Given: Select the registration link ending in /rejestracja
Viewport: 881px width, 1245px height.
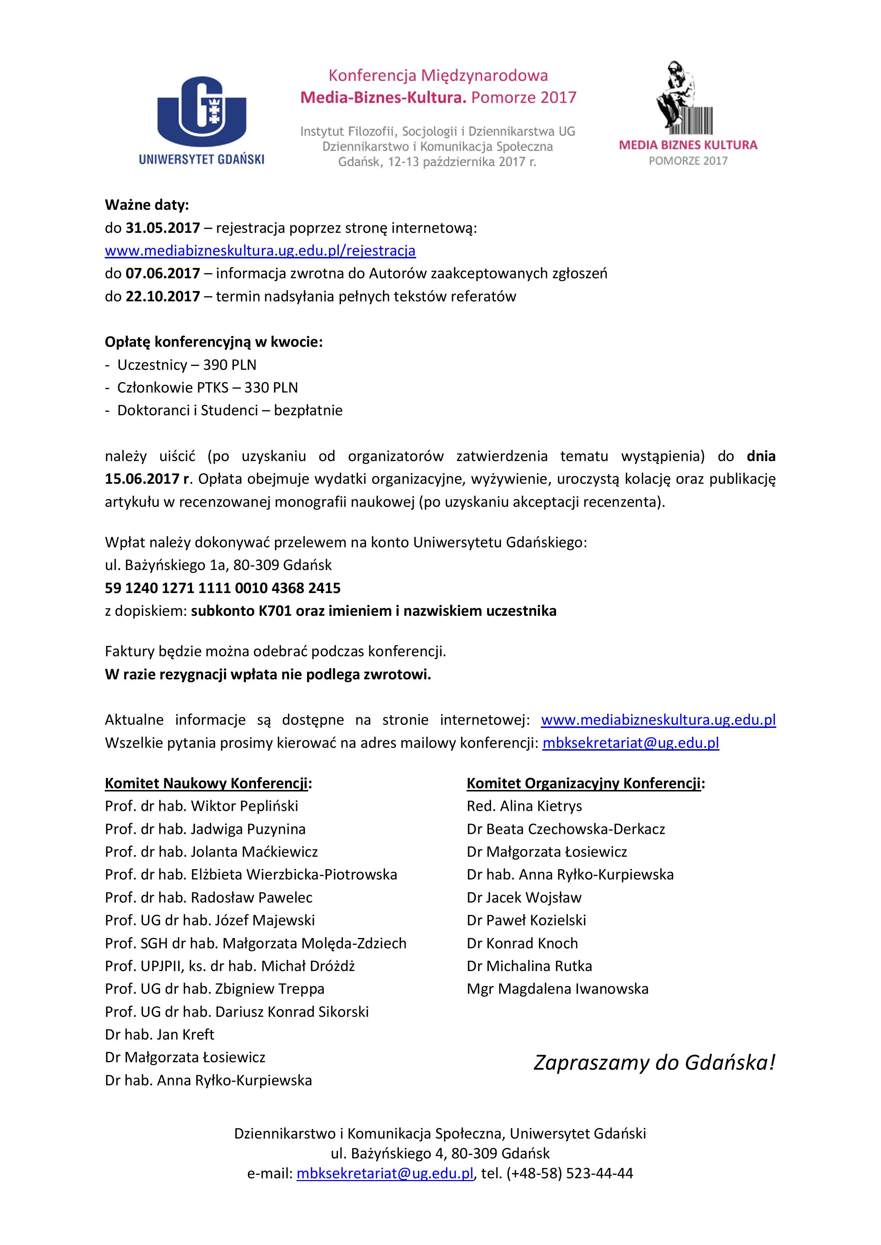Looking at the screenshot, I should click(x=260, y=251).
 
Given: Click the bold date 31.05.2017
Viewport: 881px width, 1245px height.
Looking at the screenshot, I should click(x=163, y=228).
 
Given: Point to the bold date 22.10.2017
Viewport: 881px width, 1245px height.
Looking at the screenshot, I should click(x=163, y=297).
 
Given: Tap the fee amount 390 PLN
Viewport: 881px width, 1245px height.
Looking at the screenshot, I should click(x=229, y=365).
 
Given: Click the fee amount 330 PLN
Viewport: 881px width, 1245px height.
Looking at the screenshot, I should click(x=271, y=388).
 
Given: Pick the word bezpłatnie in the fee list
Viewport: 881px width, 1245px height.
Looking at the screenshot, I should click(x=308, y=411).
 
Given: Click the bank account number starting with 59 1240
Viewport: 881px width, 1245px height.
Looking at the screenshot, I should click(x=222, y=588).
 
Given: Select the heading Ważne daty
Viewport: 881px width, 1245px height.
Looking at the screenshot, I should click(x=146, y=205).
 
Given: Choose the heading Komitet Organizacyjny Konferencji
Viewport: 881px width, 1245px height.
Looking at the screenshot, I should click(x=585, y=784).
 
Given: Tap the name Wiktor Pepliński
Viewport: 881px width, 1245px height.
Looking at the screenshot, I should click(x=244, y=806).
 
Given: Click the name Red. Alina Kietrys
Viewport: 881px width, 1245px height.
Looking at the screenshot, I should click(x=524, y=806).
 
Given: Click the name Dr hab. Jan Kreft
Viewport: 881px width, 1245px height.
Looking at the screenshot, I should click(x=159, y=1035).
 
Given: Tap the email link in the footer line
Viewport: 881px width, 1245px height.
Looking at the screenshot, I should click(x=385, y=1173).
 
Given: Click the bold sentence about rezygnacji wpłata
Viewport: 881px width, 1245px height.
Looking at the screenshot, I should click(x=267, y=675).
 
